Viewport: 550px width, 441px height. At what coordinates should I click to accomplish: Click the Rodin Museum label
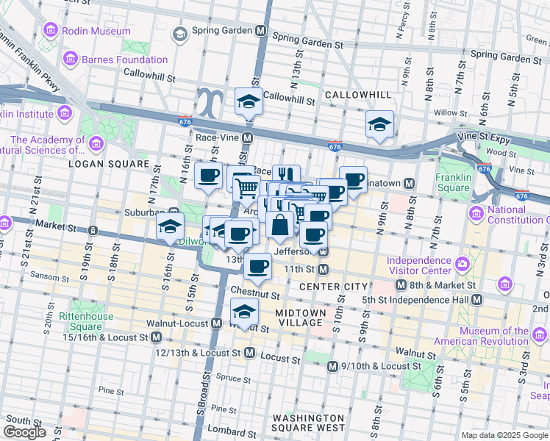click(x=96, y=32)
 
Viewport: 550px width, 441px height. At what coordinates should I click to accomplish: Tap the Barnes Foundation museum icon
click(x=71, y=57)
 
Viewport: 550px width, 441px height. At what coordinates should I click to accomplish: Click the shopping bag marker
click(x=280, y=224)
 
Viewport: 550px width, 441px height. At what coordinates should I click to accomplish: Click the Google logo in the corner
click(x=24, y=432)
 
